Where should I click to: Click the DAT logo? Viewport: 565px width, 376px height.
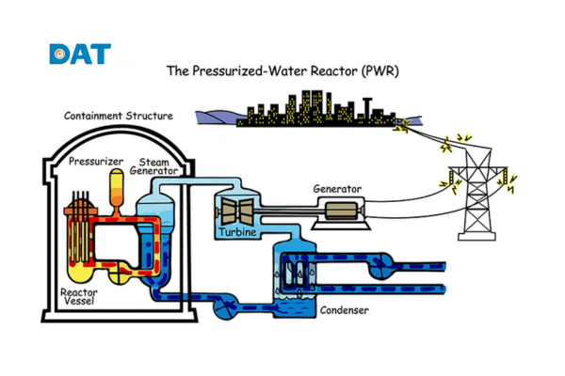[79, 54]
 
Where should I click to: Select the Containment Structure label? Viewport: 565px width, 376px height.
[118, 116]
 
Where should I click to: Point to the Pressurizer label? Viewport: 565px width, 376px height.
[96, 162]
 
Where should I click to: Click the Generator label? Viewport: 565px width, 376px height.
[337, 188]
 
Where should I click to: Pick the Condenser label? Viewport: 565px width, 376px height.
[343, 310]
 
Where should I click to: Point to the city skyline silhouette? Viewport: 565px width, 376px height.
[311, 110]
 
